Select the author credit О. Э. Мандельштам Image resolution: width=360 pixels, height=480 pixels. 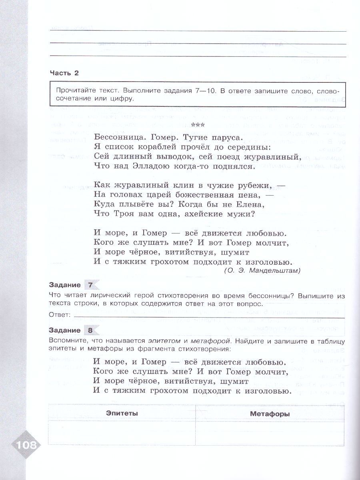(x=262, y=271)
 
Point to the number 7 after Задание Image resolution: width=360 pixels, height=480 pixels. (x=90, y=285)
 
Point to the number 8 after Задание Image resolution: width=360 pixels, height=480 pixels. (x=90, y=330)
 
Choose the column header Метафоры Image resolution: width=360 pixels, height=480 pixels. (x=270, y=414)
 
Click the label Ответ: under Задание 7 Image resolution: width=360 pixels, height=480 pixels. (x=59, y=315)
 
